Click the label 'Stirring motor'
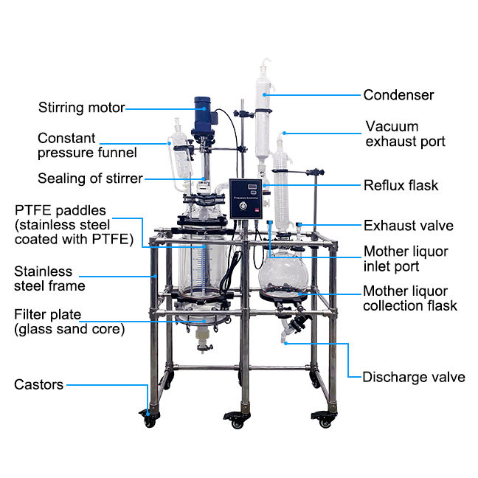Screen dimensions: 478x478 click(81, 108)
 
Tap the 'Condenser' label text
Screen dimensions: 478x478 click(398, 94)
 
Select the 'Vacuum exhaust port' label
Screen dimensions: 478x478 click(402, 134)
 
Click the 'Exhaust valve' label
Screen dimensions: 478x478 click(408, 225)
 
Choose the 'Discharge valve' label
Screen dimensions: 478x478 click(413, 377)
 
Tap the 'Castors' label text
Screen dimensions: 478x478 click(38, 384)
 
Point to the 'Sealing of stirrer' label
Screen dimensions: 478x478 click(90, 178)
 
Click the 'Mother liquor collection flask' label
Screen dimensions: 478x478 click(409, 298)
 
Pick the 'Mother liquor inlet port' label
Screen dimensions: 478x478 click(405, 259)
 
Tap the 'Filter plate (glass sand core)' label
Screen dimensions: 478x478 click(69, 322)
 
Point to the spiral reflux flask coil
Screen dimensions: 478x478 click(281, 184)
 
